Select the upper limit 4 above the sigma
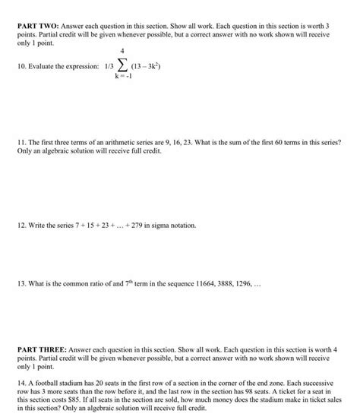tap(120, 52)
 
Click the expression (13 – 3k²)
tap(147, 67)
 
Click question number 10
tap(21, 67)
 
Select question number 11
tap(21, 142)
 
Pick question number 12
tap(21, 225)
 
